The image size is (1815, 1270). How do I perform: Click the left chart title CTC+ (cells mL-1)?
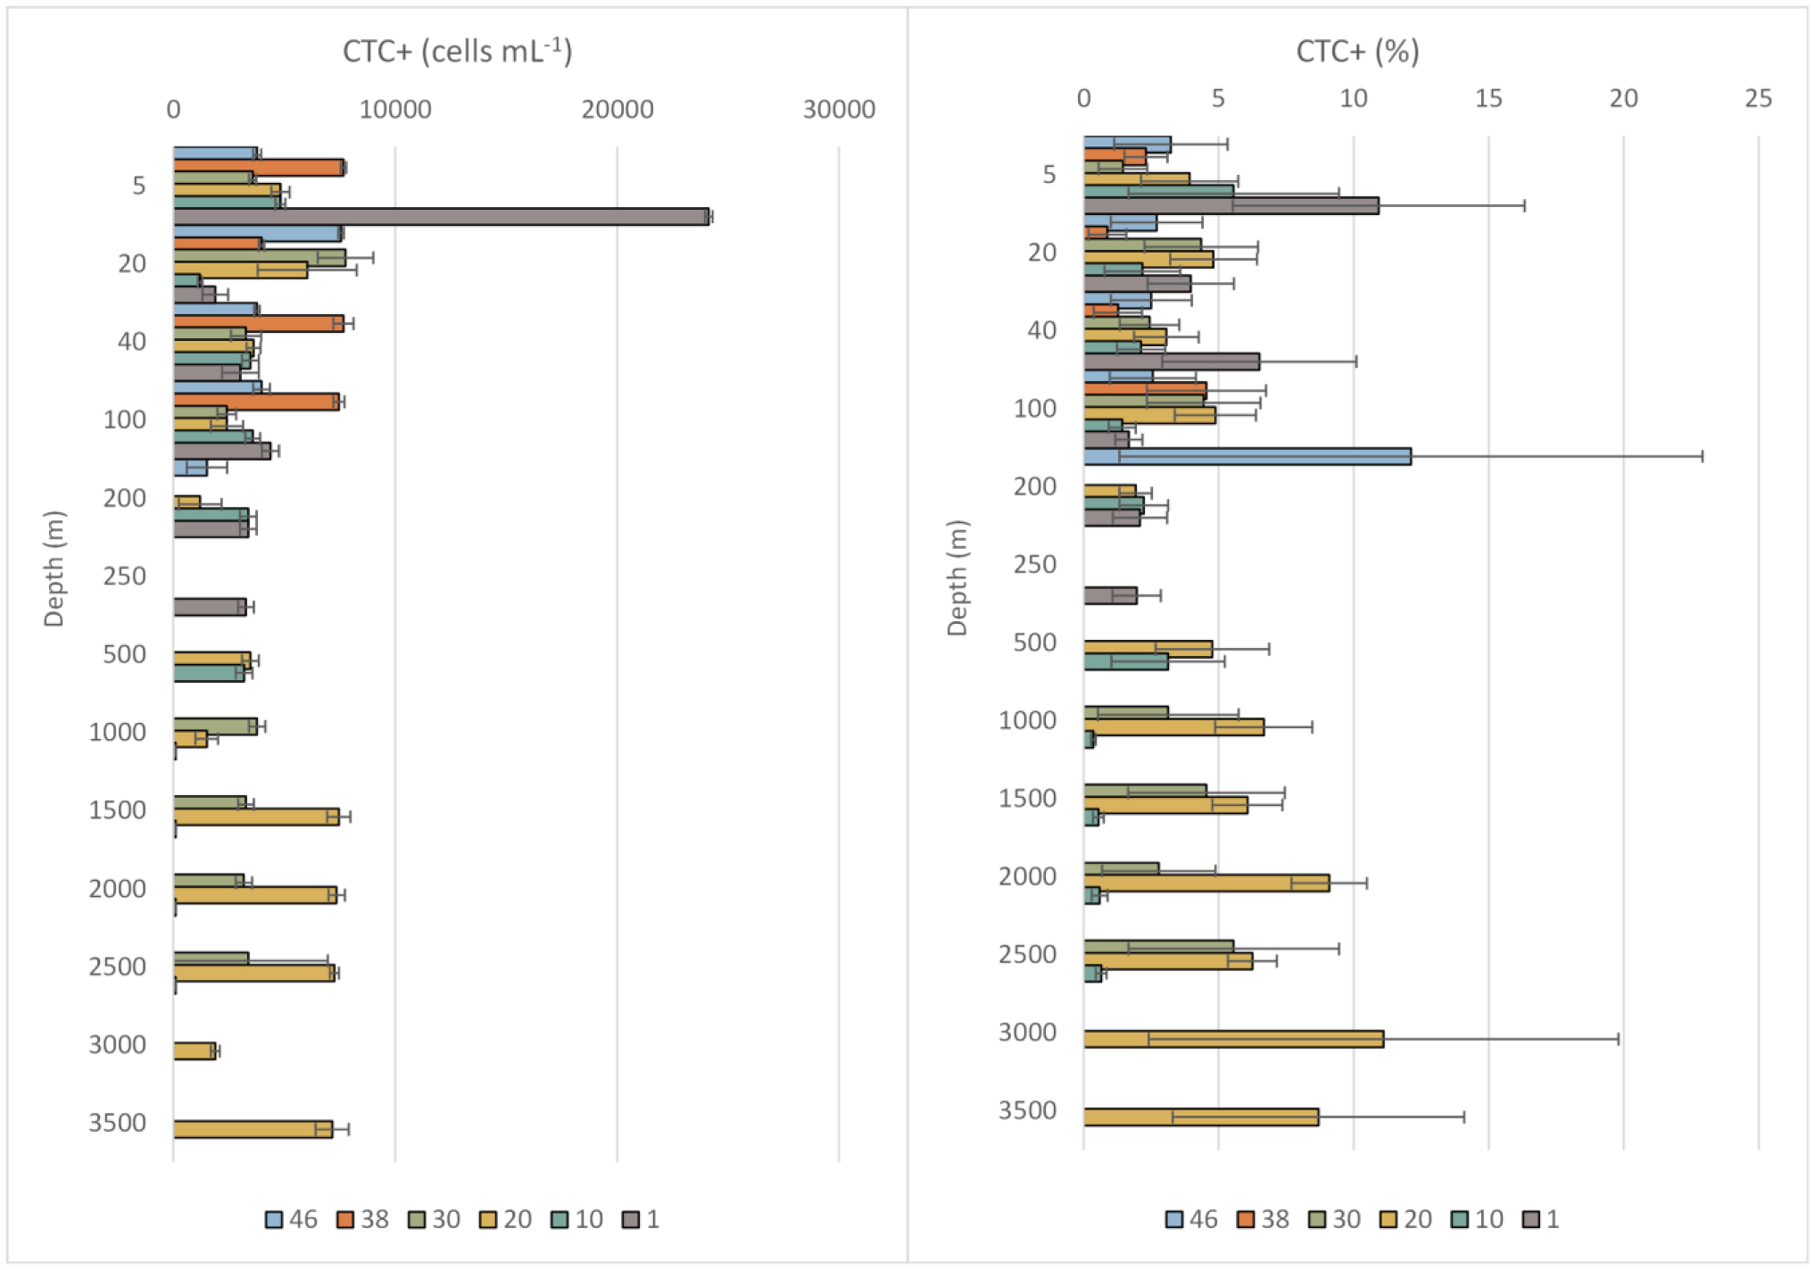point(457,52)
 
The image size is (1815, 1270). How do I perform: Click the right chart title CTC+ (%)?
point(1356,52)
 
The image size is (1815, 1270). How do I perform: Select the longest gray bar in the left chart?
point(441,217)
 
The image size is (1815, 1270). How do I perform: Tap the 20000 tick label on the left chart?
point(617,110)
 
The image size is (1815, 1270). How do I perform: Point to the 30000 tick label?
point(839,110)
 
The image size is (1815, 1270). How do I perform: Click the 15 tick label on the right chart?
point(1488,99)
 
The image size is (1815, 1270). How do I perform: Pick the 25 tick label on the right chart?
point(1758,99)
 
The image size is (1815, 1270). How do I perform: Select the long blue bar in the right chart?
point(1247,456)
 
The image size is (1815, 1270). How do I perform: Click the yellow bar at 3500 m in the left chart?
point(253,1129)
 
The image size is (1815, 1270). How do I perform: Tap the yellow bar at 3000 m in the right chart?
point(1233,1039)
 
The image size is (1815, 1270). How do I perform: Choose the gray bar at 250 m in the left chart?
point(209,607)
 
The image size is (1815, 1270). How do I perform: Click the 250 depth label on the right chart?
point(1034,565)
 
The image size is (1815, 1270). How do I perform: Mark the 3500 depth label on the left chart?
point(117,1123)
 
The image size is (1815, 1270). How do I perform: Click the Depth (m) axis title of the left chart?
point(54,569)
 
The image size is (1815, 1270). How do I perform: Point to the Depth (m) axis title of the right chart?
point(957,577)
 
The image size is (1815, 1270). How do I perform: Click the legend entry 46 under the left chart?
point(292,1219)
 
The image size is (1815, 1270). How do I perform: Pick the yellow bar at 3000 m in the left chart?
point(195,1050)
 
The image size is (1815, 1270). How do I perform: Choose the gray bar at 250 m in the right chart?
point(1110,595)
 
